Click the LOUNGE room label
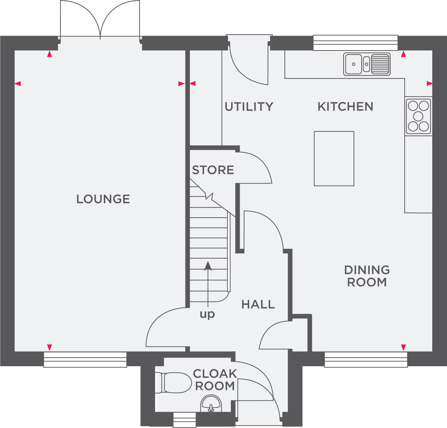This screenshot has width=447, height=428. coord(103,199)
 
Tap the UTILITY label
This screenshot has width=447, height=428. coord(249,107)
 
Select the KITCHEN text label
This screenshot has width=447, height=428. coord(345,107)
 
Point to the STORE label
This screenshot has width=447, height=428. coord(213,170)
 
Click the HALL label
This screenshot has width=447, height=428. coord(258,305)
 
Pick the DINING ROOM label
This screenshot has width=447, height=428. coord(367,276)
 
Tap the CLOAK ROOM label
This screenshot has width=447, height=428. coord(215,380)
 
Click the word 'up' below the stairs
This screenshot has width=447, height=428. coord(207,314)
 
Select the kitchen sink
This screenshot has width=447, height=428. coord(367,64)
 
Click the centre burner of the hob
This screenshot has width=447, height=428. coord(418,116)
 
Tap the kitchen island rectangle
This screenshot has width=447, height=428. coord(334,158)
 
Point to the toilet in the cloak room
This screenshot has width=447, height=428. coord(173,383)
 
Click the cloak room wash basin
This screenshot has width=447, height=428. coord(211,404)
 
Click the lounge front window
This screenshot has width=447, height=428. coord(85,360)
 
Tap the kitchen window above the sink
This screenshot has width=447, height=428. coord(356,43)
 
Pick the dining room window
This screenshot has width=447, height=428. coord(366,360)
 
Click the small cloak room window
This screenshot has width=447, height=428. coord(184,420)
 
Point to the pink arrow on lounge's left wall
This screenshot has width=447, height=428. coord(18,84)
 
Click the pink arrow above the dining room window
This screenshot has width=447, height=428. coord(403,347)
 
